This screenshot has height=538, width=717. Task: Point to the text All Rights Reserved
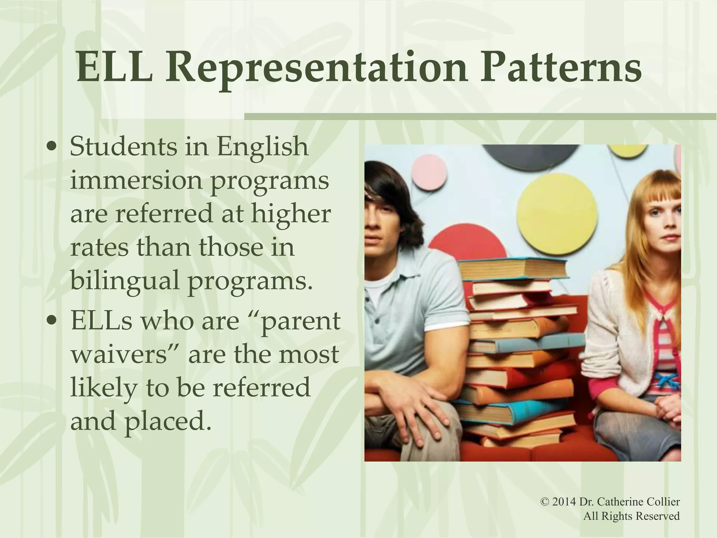pyautogui.click(x=632, y=516)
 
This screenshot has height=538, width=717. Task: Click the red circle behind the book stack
pyautogui.click(x=462, y=245)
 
